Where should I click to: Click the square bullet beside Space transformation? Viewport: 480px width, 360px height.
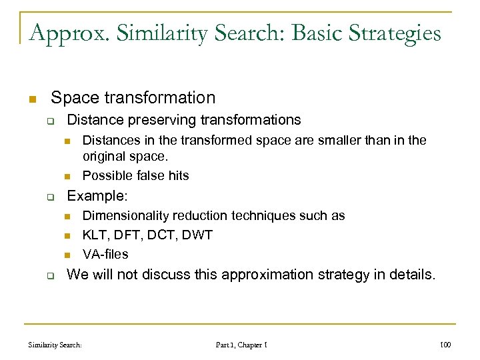(x=31, y=99)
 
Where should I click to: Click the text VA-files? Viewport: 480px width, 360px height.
(x=105, y=254)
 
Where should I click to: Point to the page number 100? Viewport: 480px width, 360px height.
(x=446, y=345)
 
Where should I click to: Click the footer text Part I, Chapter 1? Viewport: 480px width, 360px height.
(x=241, y=345)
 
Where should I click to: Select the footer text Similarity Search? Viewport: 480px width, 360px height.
(x=55, y=345)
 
